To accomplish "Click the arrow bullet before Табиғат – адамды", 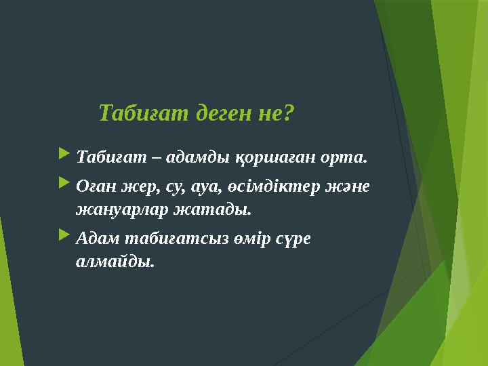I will [64, 157].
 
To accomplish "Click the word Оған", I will [97, 185].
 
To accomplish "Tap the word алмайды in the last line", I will [115, 262].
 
